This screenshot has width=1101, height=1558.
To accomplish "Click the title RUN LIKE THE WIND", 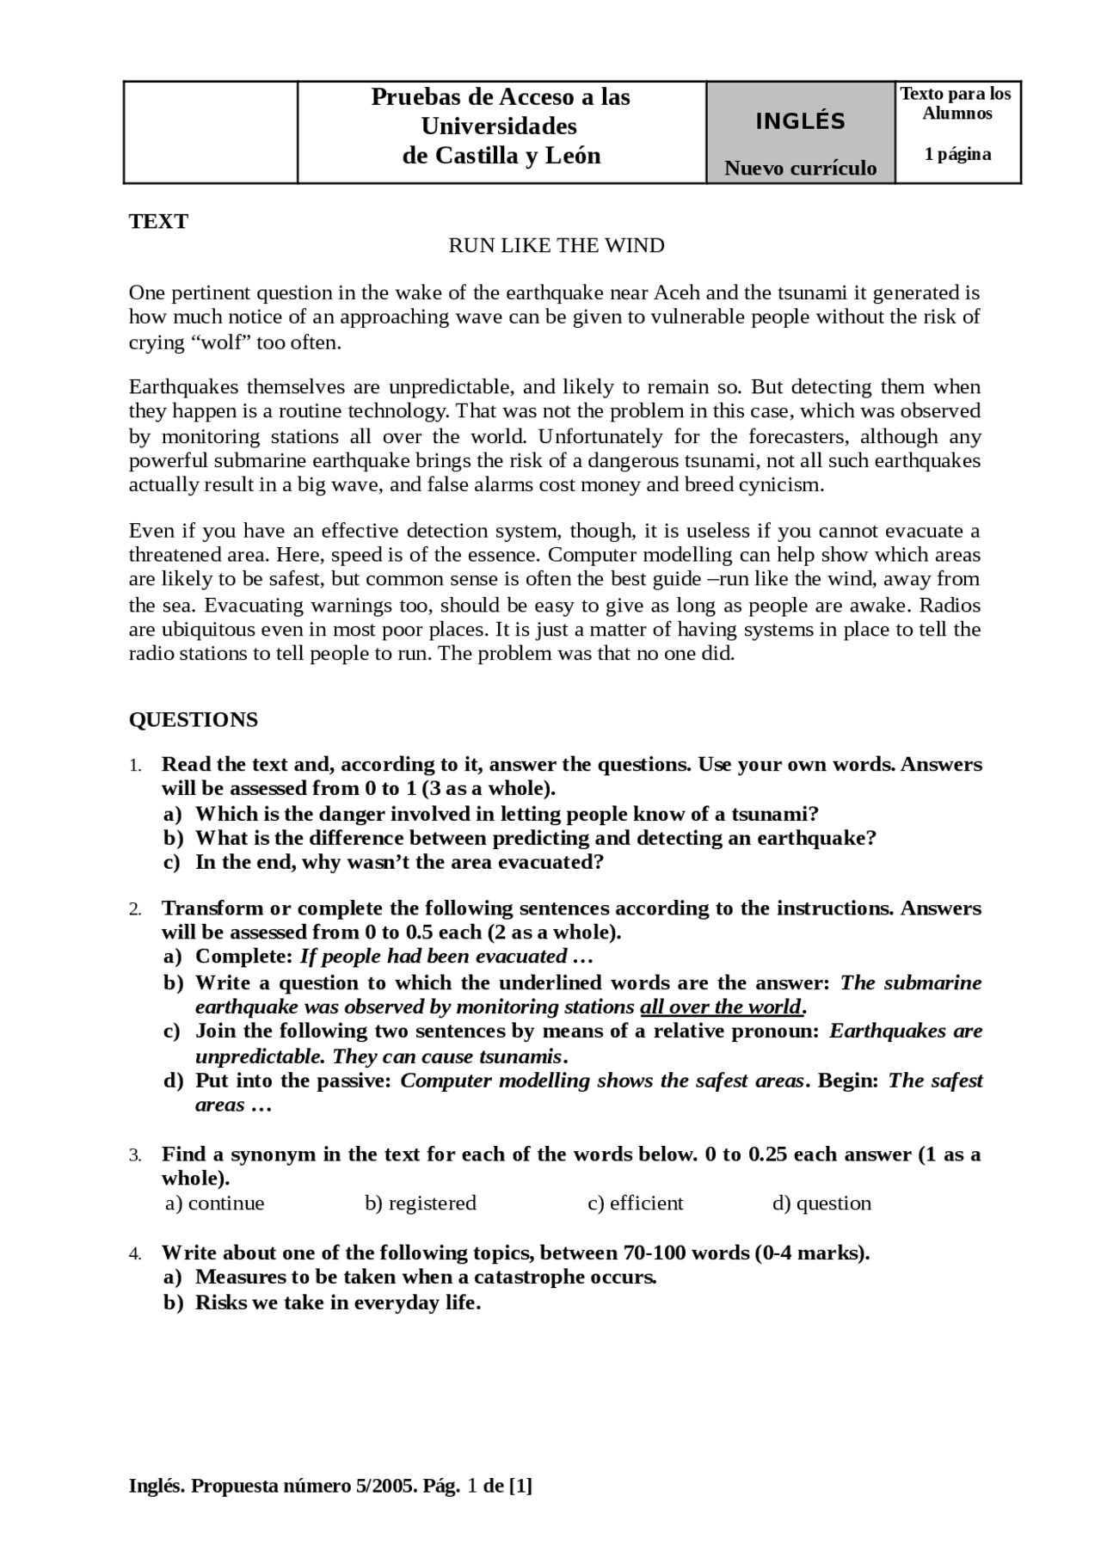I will click(556, 246).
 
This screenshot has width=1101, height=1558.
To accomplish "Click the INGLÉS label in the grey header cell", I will click(800, 121).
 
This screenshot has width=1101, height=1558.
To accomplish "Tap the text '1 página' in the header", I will click(957, 155).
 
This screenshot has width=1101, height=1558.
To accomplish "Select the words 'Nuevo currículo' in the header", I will click(800, 168).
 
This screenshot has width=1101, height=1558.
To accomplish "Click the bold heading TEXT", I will click(158, 222).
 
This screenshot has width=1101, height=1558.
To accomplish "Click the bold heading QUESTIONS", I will click(193, 720).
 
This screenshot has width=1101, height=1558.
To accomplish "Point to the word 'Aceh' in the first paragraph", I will click(676, 293).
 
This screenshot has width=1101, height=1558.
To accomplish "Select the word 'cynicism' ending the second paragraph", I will click(779, 484).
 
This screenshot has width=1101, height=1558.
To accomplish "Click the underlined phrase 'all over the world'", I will click(720, 1007).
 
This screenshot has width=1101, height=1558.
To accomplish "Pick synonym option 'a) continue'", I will click(214, 1203).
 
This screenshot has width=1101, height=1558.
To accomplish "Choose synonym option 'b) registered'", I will click(420, 1203).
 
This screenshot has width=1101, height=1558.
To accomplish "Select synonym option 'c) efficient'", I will click(635, 1203).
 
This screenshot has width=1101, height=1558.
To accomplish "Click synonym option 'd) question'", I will click(821, 1203).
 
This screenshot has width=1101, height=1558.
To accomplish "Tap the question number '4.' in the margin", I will click(135, 1254).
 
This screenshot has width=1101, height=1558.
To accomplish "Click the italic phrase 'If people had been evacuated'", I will click(433, 957).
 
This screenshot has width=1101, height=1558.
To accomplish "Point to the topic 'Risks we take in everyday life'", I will click(336, 1302).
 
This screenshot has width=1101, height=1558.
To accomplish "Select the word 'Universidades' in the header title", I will click(499, 126).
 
